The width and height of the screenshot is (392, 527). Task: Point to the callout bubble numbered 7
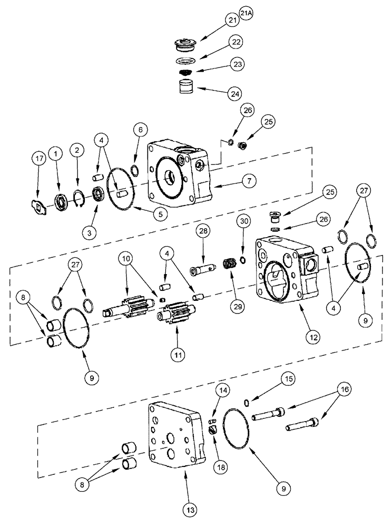point(250,180)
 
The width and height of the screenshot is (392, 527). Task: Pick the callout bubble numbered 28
point(204,231)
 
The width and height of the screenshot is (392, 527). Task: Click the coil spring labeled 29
point(229,263)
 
